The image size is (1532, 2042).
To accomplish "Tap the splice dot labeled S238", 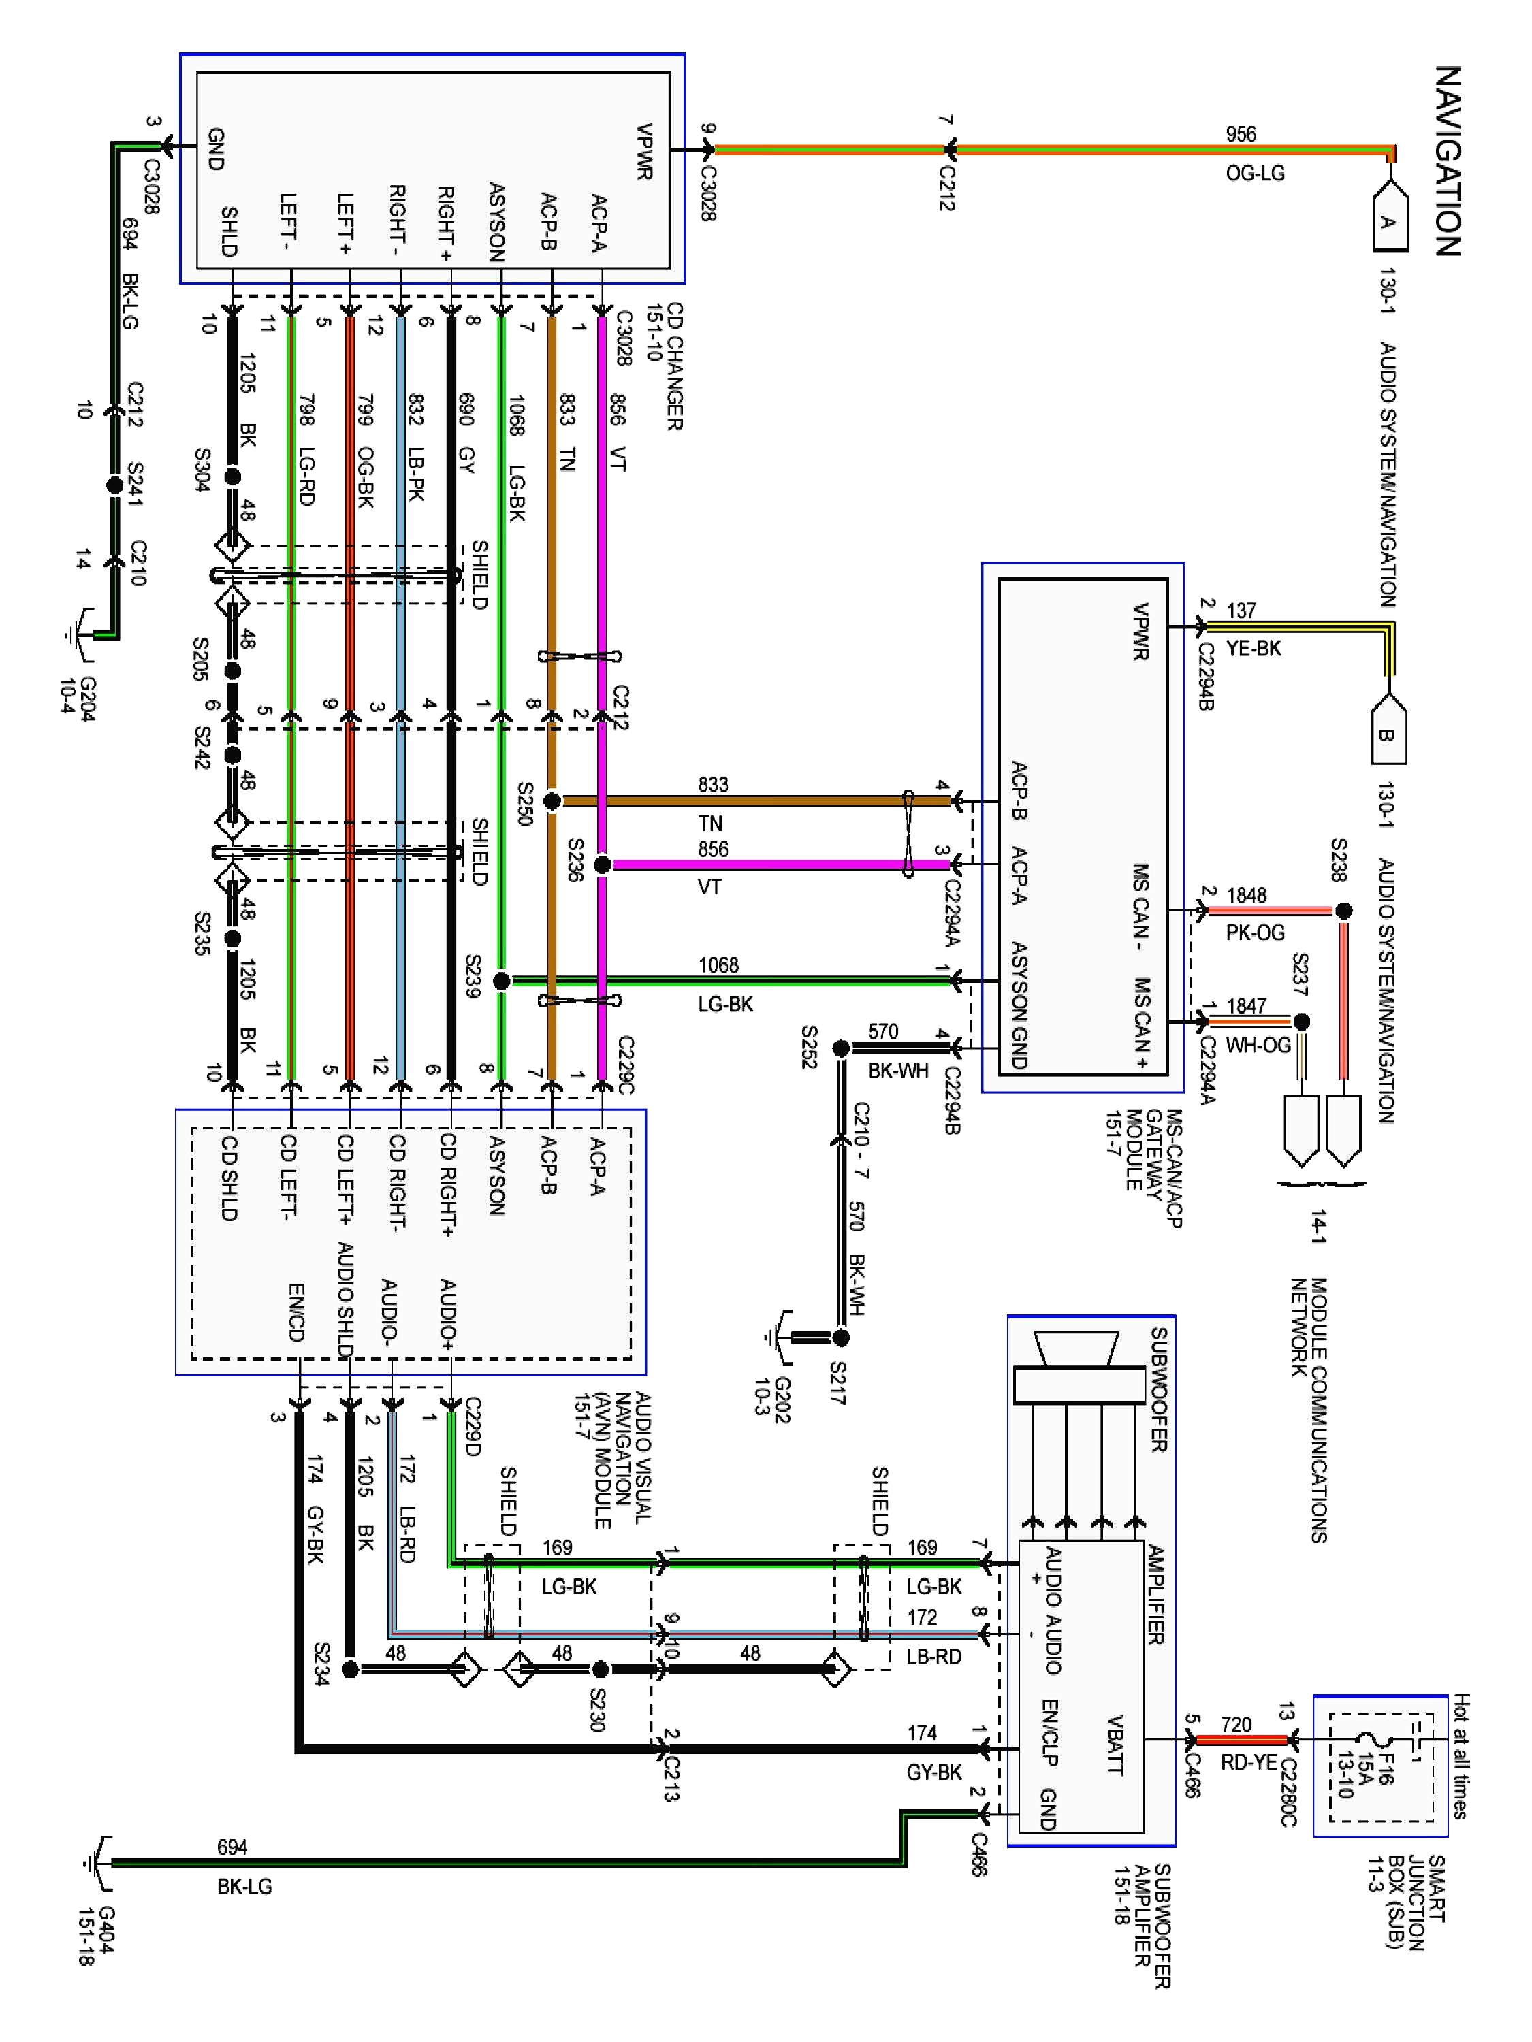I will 1343,911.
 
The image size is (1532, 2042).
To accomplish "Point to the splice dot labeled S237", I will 1301,1021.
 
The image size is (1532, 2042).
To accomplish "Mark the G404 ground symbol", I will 97,1863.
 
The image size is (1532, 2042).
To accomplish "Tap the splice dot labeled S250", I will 552,801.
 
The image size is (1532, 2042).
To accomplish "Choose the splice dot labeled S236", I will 601,865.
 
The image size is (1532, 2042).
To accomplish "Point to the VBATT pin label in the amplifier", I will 1115,1745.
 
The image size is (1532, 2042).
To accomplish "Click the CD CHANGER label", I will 674,366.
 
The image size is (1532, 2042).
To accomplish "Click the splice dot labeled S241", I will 114,484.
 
